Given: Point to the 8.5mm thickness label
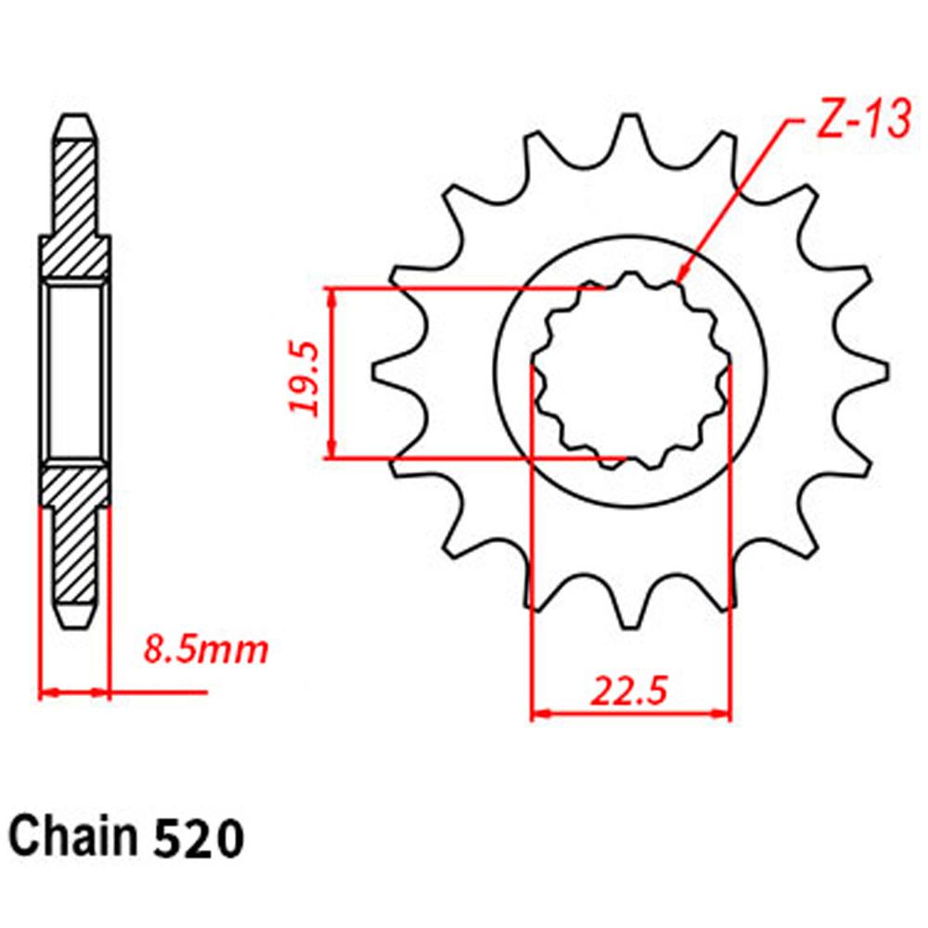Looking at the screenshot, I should pyautogui.click(x=205, y=649).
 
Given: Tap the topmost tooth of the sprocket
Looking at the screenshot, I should pyautogui.click(x=632, y=130).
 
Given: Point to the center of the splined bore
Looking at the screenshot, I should pyautogui.click(x=631, y=371).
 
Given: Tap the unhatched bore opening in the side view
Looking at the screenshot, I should pyautogui.click(x=75, y=371).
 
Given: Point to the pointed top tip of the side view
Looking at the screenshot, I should pyautogui.click(x=75, y=118).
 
